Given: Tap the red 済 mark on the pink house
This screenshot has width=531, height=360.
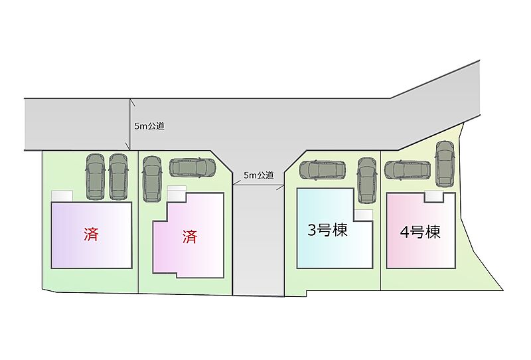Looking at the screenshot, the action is [190, 236].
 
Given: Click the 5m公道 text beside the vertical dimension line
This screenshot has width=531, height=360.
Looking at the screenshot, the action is [149, 126].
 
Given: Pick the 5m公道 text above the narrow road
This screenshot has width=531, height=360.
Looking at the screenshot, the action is [258, 175].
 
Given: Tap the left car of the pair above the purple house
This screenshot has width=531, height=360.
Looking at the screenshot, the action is [96, 176].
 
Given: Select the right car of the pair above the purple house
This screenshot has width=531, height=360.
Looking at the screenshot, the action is [118, 176].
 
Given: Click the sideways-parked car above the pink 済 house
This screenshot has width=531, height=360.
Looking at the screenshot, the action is [193, 168].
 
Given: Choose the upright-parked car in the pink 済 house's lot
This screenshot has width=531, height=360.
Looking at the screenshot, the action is [152, 179].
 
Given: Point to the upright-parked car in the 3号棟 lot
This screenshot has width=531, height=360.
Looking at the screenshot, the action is [366, 180].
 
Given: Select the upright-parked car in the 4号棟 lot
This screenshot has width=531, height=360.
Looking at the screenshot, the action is [444, 164].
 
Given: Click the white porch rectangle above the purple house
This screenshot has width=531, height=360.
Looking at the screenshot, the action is [62, 195].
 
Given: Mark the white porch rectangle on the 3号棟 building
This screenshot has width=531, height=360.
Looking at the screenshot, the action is [363, 215].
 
